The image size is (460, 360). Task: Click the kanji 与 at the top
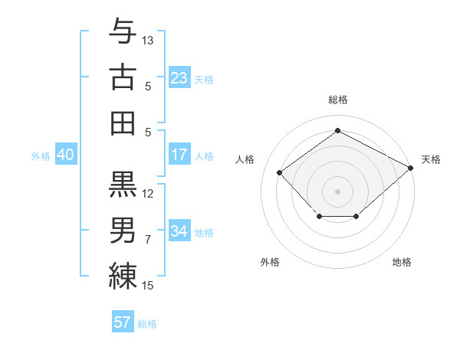click(x=123, y=32)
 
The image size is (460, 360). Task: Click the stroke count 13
click(x=148, y=40)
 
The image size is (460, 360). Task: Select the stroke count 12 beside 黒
click(x=148, y=193)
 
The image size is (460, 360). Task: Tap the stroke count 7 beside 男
click(x=148, y=240)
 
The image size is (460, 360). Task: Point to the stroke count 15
click(x=148, y=286)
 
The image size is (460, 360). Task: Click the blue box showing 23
click(x=179, y=77)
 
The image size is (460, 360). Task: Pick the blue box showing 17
click(x=179, y=155)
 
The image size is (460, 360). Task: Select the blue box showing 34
click(x=179, y=231)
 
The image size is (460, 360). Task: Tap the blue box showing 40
click(x=65, y=155)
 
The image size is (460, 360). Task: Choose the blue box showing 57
click(x=123, y=322)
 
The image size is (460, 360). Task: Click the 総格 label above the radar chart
click(x=337, y=100)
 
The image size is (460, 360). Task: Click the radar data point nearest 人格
click(x=280, y=172)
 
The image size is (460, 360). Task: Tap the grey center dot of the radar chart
click(x=337, y=191)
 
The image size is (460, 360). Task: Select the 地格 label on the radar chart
click(x=402, y=262)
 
